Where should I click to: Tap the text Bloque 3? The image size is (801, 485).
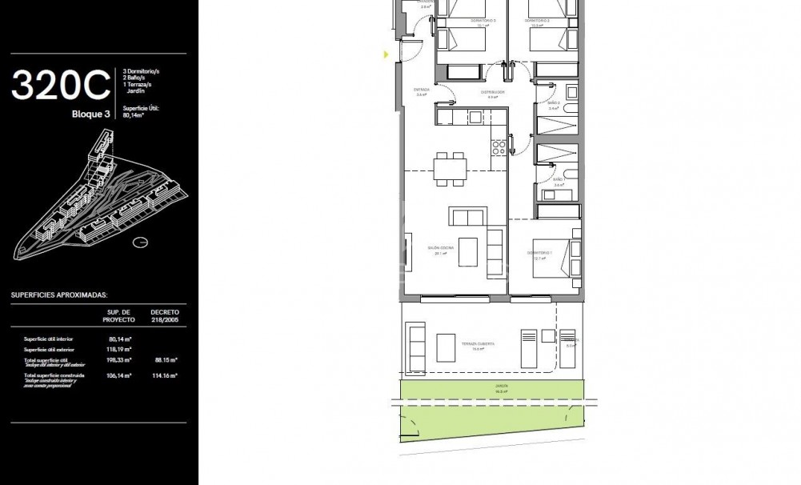point(90,114)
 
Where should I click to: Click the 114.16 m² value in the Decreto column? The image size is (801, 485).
point(165,375)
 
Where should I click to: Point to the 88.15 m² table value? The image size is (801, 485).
point(165,360)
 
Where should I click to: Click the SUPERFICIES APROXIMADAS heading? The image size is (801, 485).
point(59,295)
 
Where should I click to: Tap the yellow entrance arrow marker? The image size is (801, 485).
point(386,55)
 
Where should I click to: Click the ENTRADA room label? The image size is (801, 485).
point(421,91)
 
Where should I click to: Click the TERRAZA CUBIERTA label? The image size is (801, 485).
point(477,345)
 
